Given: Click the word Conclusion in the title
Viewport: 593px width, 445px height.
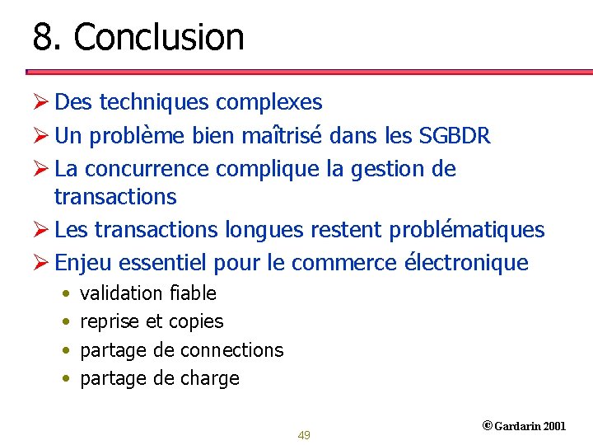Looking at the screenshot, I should (159, 37).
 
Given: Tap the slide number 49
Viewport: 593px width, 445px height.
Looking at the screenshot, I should (304, 435).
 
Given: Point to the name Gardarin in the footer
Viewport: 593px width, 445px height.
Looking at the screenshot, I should (518, 426).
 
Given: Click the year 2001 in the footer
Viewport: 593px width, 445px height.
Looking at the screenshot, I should (555, 426).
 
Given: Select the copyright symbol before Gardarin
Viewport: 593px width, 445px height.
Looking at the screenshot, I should (487, 426).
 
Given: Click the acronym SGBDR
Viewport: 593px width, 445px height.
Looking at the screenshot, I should (455, 136).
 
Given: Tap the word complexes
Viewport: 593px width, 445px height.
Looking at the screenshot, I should (268, 102).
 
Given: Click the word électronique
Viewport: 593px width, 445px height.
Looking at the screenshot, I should (467, 263).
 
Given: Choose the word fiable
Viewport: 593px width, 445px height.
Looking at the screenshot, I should (193, 293).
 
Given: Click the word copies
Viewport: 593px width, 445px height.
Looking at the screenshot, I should (196, 322).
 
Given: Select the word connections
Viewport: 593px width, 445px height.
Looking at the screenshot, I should (231, 350).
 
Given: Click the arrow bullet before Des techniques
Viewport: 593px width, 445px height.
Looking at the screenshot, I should (41, 102).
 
